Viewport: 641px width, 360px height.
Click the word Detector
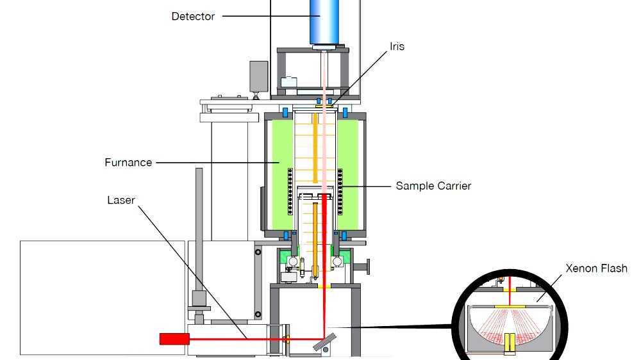pyautogui.click(x=193, y=17)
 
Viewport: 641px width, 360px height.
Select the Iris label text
pyautogui.click(x=397, y=47)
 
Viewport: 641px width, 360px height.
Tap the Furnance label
pyautogui.click(x=128, y=163)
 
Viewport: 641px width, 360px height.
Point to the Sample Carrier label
pyautogui.click(x=433, y=186)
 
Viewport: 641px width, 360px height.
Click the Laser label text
pyautogui.click(x=121, y=200)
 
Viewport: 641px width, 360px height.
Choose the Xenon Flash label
pyautogui.click(x=596, y=268)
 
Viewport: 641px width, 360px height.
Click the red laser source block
pyautogui.click(x=174, y=338)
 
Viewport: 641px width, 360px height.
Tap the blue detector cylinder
pyautogui.click(x=325, y=22)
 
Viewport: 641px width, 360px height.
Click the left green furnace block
pyautogui.click(x=279, y=173)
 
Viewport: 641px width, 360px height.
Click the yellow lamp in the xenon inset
pyautogui.click(x=510, y=343)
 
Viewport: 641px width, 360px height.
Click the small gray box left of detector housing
pyautogui.click(x=259, y=75)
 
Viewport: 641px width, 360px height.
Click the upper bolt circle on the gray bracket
pyautogui.click(x=258, y=252)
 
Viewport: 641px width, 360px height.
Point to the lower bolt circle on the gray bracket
pyautogui.click(x=258, y=315)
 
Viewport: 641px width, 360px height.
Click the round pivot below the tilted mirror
pyautogui.click(x=327, y=350)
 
